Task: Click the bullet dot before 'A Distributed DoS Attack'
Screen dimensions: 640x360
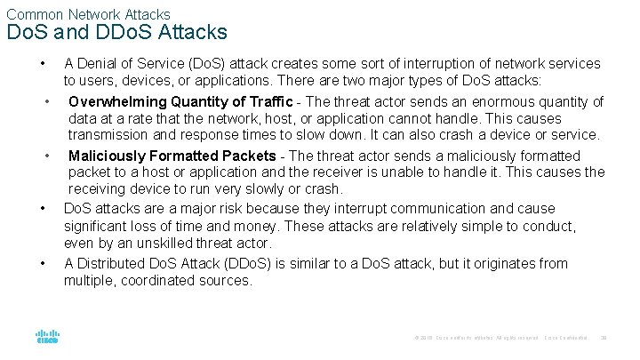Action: point(43,264)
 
